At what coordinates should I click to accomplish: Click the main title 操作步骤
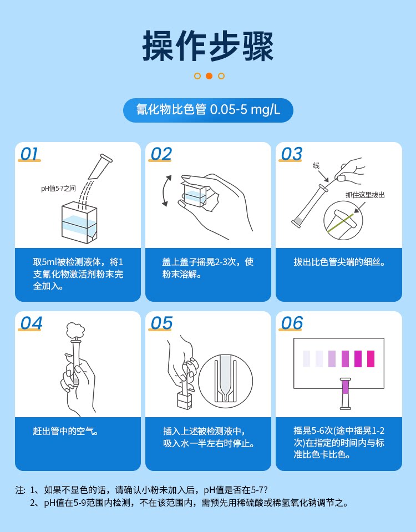pyautogui.click(x=207, y=46)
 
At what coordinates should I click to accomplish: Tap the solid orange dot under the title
pyautogui.click(x=209, y=76)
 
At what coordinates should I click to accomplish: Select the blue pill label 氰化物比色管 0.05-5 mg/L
pyautogui.click(x=208, y=110)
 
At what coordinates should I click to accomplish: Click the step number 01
pyautogui.click(x=29, y=154)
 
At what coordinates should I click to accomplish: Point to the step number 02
pyautogui.click(x=161, y=154)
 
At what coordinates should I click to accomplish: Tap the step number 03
pyautogui.click(x=291, y=154)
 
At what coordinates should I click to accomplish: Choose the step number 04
pyautogui.click(x=31, y=323)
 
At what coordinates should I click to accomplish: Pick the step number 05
pyautogui.click(x=161, y=323)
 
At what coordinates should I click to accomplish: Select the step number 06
pyautogui.click(x=291, y=323)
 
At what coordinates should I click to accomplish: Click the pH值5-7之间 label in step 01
pyautogui.click(x=58, y=189)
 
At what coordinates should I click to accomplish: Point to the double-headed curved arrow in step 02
pyautogui.click(x=164, y=191)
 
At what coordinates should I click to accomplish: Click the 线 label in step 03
pyautogui.click(x=316, y=165)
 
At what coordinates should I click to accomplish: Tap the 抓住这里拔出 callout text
pyautogui.click(x=365, y=195)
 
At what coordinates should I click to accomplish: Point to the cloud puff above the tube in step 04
pyautogui.click(x=75, y=330)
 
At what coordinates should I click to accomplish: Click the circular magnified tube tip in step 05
pyautogui.click(x=225, y=381)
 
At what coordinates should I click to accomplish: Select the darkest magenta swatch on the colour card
pyautogui.click(x=358, y=358)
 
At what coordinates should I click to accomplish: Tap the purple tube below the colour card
pyautogui.click(x=346, y=393)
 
